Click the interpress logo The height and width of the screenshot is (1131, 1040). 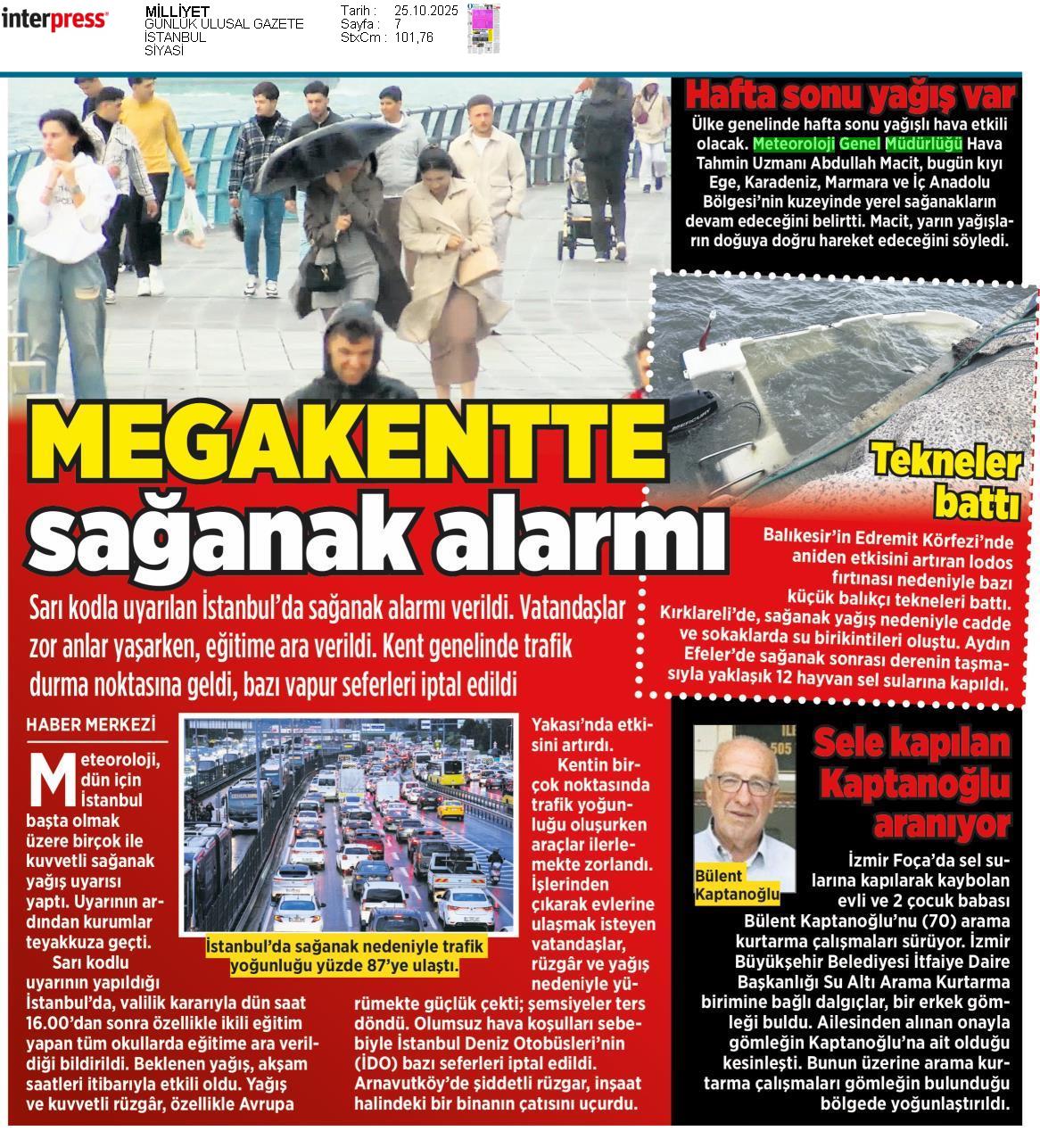(x=55, y=21)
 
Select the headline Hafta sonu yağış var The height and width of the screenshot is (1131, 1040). (x=850, y=95)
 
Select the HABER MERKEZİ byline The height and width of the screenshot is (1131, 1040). (x=90, y=724)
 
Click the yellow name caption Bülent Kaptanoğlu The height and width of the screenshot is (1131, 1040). (x=737, y=886)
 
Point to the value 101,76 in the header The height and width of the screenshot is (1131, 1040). (x=414, y=37)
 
